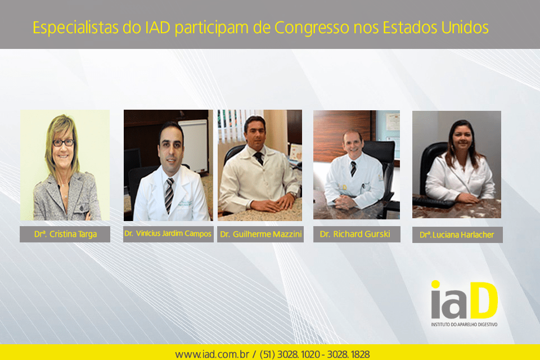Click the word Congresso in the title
click(x=312, y=28)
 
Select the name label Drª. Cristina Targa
click(x=65, y=234)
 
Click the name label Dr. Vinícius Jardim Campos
click(x=168, y=234)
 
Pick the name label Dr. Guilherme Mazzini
click(x=260, y=234)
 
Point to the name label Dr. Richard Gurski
click(x=357, y=234)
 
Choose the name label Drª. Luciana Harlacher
click(x=457, y=235)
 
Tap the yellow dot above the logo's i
click(x=435, y=284)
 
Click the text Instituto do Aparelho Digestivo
click(x=464, y=325)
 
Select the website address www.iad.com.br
click(x=212, y=354)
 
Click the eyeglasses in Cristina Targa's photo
click(x=63, y=142)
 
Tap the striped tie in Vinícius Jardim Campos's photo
click(x=169, y=195)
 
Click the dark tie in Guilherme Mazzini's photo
click(x=259, y=158)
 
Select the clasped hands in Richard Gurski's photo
click(x=344, y=201)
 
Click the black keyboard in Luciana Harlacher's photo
click(x=434, y=201)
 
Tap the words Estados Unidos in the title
click(x=435, y=28)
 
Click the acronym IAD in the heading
click(x=157, y=28)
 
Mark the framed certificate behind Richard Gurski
click(x=393, y=122)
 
